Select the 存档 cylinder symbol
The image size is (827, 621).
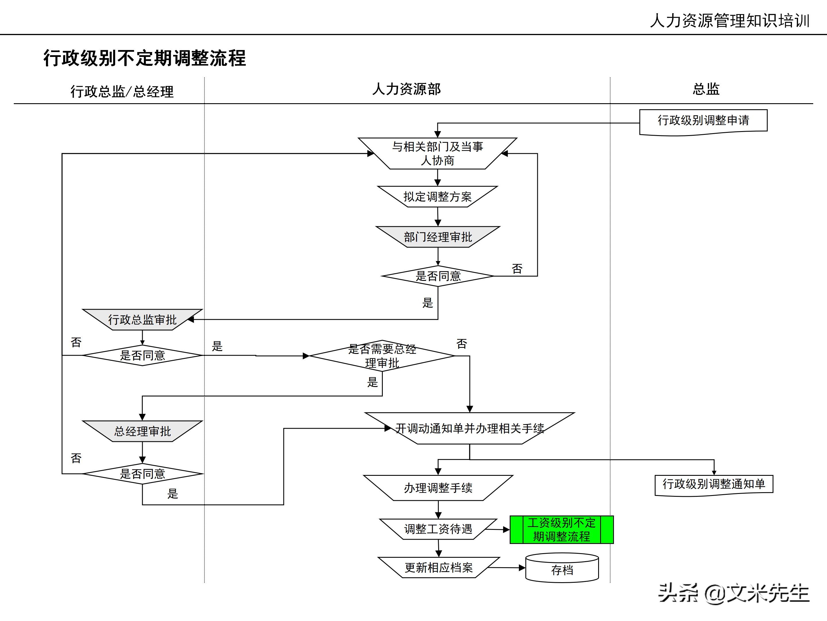click(x=562, y=569)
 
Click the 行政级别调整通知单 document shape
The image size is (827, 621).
click(x=714, y=484)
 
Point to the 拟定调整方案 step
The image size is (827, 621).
click(x=437, y=197)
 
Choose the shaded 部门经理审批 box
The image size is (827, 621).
click(x=438, y=237)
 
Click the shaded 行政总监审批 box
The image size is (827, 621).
click(x=142, y=320)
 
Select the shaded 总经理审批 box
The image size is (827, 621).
click(x=142, y=431)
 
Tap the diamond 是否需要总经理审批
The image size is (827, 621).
click(x=382, y=356)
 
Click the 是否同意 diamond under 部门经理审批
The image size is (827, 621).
click(x=438, y=276)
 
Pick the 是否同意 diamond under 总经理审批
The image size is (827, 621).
click(x=142, y=474)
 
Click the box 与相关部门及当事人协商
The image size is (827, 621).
click(x=437, y=154)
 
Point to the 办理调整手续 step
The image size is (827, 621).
click(x=438, y=488)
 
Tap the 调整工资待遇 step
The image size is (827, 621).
click(x=438, y=529)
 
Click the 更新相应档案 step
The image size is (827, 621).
click(x=438, y=568)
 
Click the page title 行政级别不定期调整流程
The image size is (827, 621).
click(x=145, y=58)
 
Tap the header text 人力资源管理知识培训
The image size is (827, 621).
click(x=729, y=21)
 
